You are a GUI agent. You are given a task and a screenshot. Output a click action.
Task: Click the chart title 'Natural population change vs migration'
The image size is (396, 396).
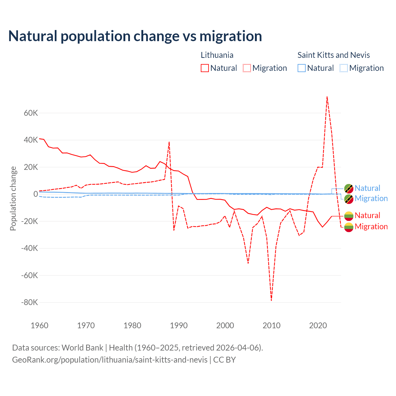point(135,36)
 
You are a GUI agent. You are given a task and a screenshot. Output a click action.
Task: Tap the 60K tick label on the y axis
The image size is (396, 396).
point(31,113)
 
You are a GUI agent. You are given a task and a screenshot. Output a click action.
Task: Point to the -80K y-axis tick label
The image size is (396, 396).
point(29,302)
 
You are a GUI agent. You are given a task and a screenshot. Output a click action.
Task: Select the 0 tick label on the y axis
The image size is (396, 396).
point(36,194)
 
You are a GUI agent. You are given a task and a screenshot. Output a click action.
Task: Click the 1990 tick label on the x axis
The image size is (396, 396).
point(179,325)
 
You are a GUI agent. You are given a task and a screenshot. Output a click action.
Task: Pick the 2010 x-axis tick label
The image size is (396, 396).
point(272,325)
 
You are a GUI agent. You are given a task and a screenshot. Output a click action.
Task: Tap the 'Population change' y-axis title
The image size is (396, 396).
point(13,198)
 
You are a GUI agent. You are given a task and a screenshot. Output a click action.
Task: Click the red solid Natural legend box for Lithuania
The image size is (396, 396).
point(205,68)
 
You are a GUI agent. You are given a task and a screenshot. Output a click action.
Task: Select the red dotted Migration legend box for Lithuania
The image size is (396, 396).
point(247,68)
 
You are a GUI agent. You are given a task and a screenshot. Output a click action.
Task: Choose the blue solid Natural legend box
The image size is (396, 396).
point(302,68)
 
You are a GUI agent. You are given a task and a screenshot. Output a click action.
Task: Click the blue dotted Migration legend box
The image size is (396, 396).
point(344,68)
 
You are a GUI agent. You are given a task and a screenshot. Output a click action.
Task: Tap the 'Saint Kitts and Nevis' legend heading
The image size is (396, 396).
point(334,55)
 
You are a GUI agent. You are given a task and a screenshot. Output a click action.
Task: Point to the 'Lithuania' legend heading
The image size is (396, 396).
point(217,55)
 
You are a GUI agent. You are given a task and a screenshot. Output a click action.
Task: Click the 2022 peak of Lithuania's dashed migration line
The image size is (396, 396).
point(327,97)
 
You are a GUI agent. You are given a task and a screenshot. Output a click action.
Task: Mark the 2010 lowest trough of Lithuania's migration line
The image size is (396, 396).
point(271,300)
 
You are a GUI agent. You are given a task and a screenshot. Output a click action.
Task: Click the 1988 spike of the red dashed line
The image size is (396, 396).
point(169,142)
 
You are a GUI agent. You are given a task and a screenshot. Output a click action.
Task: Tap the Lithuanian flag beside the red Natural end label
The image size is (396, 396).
point(349,216)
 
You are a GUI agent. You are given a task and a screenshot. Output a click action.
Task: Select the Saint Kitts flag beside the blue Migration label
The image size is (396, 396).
point(349,199)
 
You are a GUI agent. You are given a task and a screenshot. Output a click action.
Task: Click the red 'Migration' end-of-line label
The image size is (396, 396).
point(371,226)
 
